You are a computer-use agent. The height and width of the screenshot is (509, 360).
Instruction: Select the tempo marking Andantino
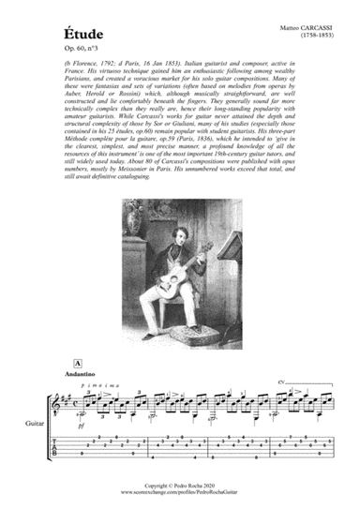pyautogui.click(x=84, y=373)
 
